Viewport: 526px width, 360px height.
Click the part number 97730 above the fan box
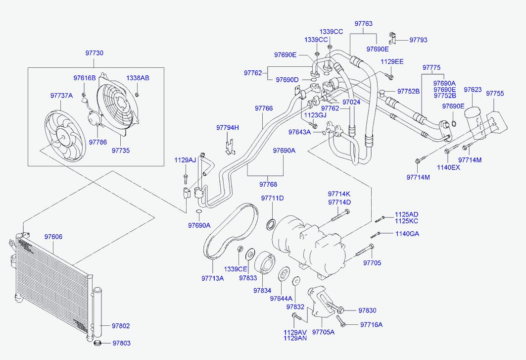point(94,53)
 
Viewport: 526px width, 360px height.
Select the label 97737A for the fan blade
point(61,96)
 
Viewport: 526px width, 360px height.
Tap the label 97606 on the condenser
point(53,237)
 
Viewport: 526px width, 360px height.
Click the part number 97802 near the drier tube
point(121,326)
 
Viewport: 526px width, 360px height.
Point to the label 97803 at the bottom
point(121,343)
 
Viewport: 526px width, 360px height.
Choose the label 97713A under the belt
point(213,278)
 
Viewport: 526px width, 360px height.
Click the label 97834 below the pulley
point(262,291)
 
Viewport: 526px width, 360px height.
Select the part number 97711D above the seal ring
point(272,198)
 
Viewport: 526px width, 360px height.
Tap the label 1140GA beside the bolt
point(407,234)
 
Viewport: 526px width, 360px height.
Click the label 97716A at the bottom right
point(371,325)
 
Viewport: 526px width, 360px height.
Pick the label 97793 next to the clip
point(418,40)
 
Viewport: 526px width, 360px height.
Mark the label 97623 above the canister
point(473,90)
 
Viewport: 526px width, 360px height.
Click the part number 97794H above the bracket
point(228,128)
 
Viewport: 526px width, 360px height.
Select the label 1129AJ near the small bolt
point(185,160)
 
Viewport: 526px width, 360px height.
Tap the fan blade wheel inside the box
point(65,136)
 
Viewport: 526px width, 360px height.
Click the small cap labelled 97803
point(98,343)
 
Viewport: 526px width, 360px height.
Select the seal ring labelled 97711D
point(271,224)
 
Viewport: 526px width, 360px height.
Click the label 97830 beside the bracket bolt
point(367,310)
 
